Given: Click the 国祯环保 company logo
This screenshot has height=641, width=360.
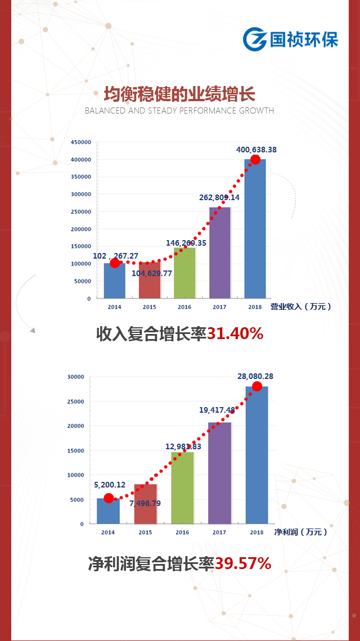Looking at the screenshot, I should pos(290,39).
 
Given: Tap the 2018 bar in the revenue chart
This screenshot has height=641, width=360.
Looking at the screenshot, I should pos(255,231).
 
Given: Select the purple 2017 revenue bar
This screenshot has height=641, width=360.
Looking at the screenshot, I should pos(219,253).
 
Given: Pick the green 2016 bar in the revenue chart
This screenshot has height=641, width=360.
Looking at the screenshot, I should pos(184,274).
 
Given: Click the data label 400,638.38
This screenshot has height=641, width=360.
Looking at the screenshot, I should pos(256,150).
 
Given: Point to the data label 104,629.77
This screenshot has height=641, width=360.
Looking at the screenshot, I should pos(152,273).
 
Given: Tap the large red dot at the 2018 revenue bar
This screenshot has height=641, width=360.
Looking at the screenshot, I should pos(255,160).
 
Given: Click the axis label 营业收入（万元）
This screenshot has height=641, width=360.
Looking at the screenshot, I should pos(301,306).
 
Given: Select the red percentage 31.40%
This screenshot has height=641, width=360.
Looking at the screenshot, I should pos(235,334).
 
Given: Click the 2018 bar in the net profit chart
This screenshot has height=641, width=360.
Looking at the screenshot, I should pos(256,455).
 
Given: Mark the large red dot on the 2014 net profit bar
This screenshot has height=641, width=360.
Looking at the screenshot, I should pos(109,498).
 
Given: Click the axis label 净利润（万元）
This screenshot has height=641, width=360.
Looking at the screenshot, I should pos(300,531).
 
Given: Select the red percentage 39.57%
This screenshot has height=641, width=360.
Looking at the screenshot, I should pos(243,563).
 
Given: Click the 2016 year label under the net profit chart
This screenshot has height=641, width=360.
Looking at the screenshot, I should pos(182,532).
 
